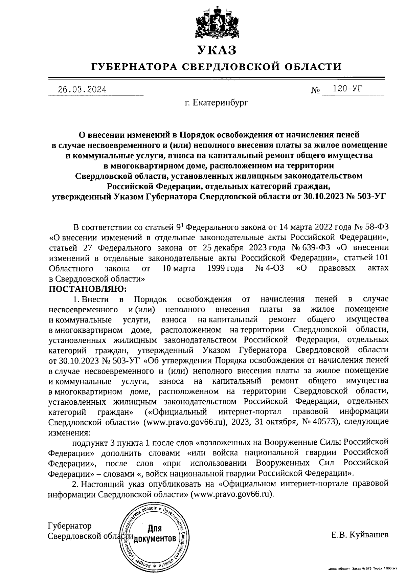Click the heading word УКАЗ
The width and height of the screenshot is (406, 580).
pos(217,50)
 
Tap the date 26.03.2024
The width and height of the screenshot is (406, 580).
pos(82,90)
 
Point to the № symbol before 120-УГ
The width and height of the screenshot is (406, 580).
pos(315,91)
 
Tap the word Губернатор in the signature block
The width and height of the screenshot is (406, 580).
pos(70,526)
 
